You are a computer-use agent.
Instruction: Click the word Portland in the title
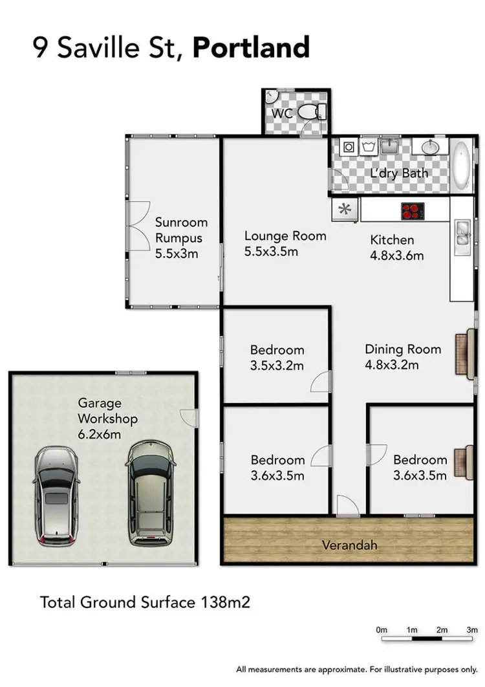click(x=251, y=49)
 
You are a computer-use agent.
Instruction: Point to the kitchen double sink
click(x=463, y=234)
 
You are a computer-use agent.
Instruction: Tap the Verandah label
click(x=349, y=545)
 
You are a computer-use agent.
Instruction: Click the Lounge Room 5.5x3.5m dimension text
click(x=271, y=252)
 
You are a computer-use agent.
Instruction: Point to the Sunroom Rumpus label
click(x=181, y=230)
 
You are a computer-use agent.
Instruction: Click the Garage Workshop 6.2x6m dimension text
click(x=100, y=434)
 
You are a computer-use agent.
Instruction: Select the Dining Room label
click(x=402, y=349)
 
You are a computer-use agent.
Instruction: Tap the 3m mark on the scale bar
click(x=472, y=629)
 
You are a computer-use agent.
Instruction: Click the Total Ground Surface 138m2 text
click(x=145, y=602)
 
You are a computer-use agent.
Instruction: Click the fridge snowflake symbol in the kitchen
click(x=345, y=209)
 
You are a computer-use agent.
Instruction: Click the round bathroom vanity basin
click(x=431, y=148)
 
